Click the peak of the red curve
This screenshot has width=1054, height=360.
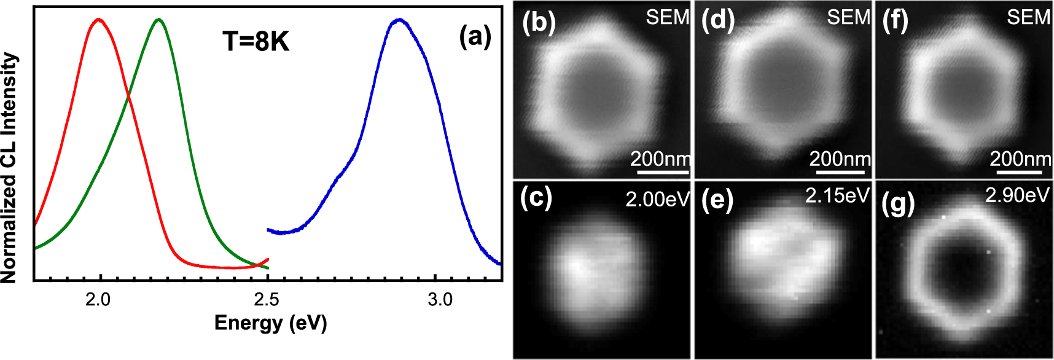98,19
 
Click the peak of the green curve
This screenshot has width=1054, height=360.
159,19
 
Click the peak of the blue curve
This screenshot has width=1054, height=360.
399,19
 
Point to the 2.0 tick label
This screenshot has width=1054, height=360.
98,300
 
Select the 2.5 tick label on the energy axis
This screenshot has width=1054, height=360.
266,300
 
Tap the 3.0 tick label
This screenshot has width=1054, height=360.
440,300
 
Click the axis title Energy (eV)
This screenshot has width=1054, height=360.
270,323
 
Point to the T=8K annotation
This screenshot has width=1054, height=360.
256,42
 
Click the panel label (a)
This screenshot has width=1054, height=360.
475,37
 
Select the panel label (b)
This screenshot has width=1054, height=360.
539,22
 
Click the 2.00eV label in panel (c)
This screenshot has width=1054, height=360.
657,199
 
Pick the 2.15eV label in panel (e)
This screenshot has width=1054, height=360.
837,195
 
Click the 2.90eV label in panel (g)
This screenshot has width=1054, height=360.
1017,195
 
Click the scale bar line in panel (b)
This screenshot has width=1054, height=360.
663,173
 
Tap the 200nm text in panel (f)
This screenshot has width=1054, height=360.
1020,159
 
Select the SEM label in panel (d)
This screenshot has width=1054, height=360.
848,17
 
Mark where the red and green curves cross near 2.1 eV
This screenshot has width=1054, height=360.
128,96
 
